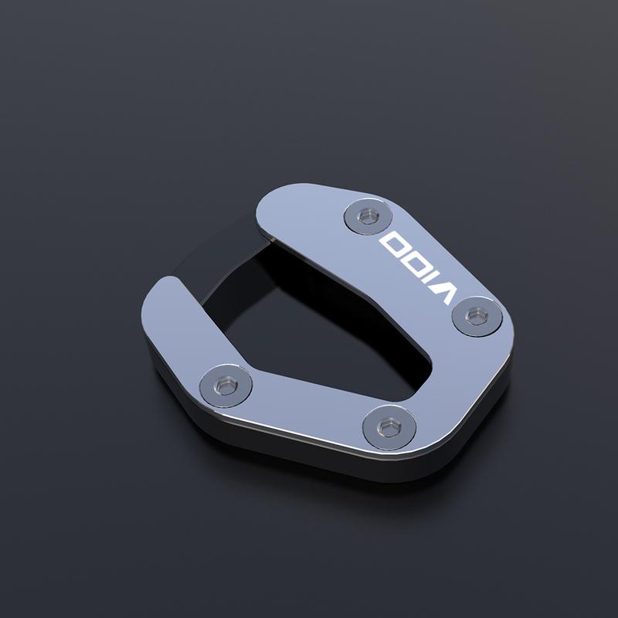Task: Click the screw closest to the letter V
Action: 477,316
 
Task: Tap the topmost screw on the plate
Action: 368,217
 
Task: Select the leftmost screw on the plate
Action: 226,385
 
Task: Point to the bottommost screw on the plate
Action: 389,428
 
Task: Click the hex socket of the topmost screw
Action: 369,216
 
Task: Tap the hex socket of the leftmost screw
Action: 226,385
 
